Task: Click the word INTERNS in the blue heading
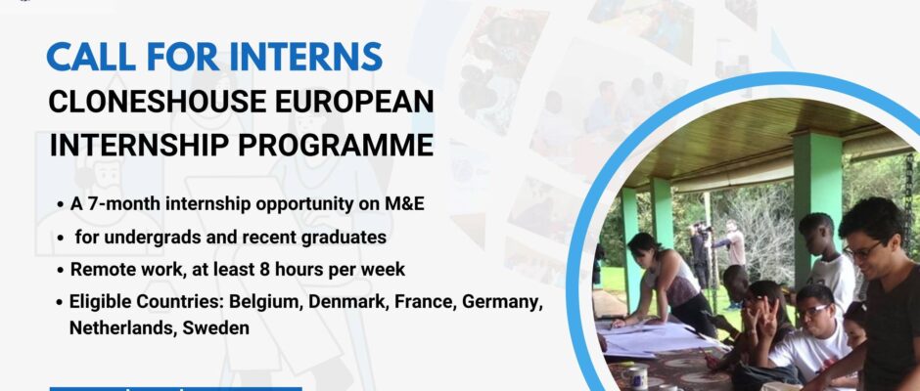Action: pyautogui.click(x=305, y=57)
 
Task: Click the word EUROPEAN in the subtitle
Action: pyautogui.click(x=350, y=101)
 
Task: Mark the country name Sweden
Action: pyautogui.click(x=216, y=327)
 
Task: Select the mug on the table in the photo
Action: pyautogui.click(x=635, y=376)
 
